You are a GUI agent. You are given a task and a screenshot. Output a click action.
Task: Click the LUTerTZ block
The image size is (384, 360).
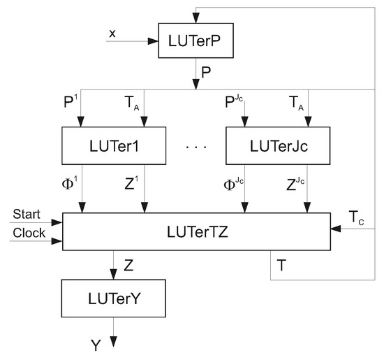pos(195,231)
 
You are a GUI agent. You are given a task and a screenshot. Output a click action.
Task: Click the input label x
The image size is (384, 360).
pos(113,32)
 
